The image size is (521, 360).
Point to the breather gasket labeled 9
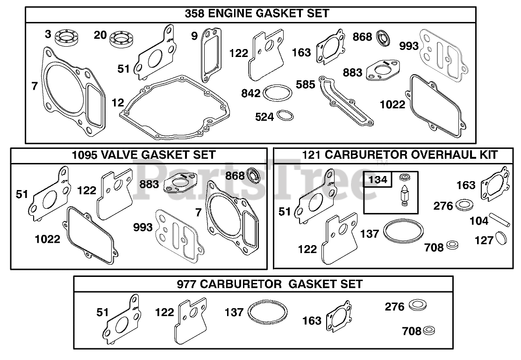(x=202, y=56)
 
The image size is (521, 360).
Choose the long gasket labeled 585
(x=346, y=100)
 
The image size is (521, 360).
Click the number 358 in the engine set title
(x=195, y=14)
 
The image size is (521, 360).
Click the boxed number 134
(x=378, y=180)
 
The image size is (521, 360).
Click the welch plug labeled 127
(x=501, y=238)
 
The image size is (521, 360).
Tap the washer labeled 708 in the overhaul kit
(x=453, y=246)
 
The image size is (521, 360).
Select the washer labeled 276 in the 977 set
(x=418, y=305)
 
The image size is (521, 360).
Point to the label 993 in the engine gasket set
(x=409, y=46)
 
